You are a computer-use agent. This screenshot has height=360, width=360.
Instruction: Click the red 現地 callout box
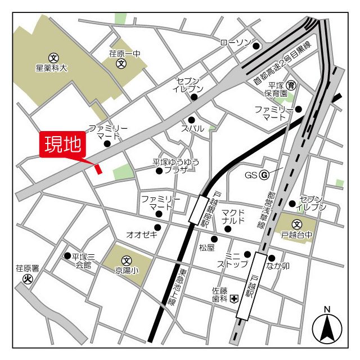(x=62, y=145)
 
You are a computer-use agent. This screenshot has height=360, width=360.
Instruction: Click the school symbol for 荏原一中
(x=121, y=64)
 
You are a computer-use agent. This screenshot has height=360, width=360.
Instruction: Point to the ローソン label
(x=235, y=43)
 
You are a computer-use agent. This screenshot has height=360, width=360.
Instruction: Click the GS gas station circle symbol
(x=263, y=174)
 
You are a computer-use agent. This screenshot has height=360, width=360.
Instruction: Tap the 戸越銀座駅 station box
(x=199, y=209)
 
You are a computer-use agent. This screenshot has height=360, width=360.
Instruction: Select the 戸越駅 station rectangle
(x=251, y=286)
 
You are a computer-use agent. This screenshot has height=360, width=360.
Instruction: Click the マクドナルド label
(x=233, y=217)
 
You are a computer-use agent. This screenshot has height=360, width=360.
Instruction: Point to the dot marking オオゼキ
(x=157, y=227)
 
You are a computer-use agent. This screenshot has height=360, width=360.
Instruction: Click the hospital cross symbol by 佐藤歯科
(x=233, y=299)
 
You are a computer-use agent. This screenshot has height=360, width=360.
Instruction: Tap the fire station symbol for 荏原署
(x=26, y=278)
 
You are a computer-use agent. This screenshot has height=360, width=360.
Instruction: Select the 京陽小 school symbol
(x=127, y=260)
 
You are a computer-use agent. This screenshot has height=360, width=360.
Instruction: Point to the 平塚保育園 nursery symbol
(x=291, y=85)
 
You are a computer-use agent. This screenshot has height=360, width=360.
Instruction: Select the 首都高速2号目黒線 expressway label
(x=282, y=64)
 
